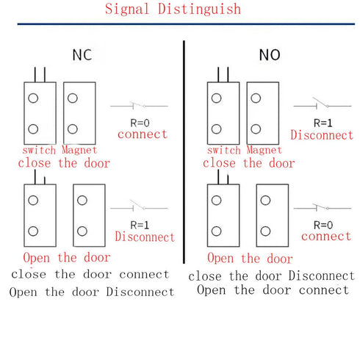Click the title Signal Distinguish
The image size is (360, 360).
[173, 10]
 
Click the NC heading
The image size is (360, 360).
[82, 55]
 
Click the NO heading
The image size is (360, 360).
[269, 55]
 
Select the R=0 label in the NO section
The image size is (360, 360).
[325, 224]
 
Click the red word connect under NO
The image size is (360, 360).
[326, 236]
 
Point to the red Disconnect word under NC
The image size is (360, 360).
[145, 237]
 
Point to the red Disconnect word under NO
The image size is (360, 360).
[322, 135]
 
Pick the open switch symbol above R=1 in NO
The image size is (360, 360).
[322, 106]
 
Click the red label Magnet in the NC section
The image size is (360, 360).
[79, 151]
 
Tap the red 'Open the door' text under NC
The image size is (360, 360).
[67, 258]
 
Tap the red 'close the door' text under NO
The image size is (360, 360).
[248, 162]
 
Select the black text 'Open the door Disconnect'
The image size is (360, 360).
[92, 292]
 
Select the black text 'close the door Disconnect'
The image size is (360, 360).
[271, 276]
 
